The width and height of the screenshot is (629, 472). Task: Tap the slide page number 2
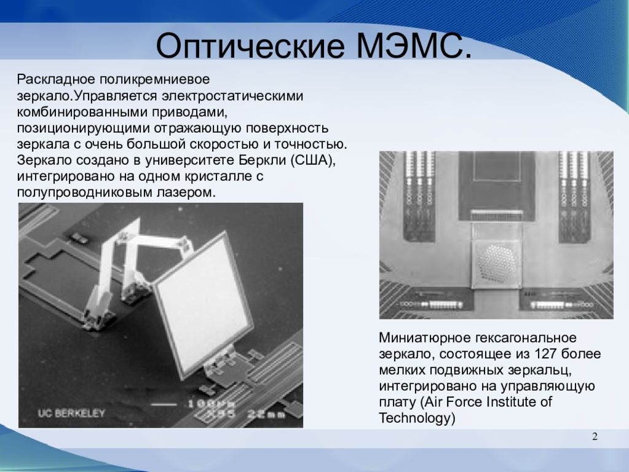(595, 437)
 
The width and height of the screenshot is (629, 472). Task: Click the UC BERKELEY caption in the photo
(71, 413)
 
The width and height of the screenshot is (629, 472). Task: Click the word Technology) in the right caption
(417, 419)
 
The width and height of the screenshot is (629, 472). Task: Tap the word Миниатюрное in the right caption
(424, 338)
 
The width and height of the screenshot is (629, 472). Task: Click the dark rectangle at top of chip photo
(496, 178)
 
